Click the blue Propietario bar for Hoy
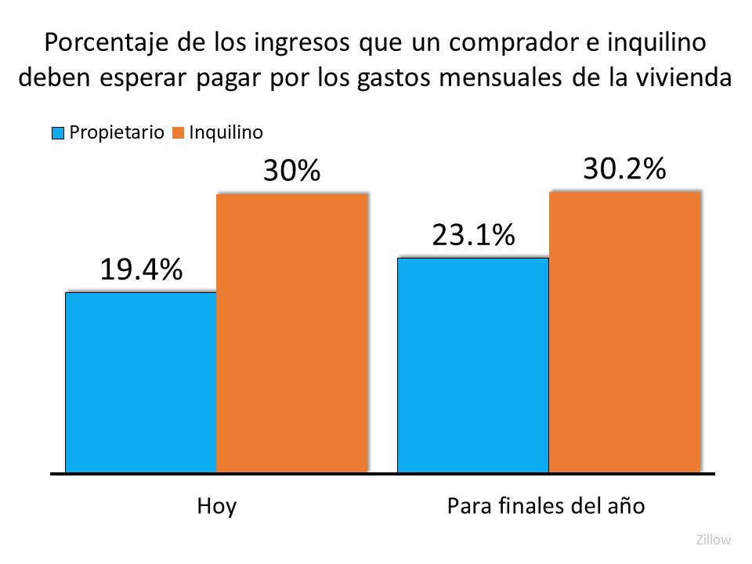point(140,383)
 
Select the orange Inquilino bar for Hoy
point(291,333)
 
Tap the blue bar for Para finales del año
point(473,365)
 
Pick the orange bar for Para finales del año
point(624,332)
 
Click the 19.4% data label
point(141,269)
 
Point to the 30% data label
point(291,171)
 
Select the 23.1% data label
point(473,234)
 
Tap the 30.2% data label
point(624,168)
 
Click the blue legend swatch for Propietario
point(58,132)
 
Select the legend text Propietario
point(117,132)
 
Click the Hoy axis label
point(216,505)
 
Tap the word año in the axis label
point(627,505)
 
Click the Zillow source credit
point(713,540)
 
